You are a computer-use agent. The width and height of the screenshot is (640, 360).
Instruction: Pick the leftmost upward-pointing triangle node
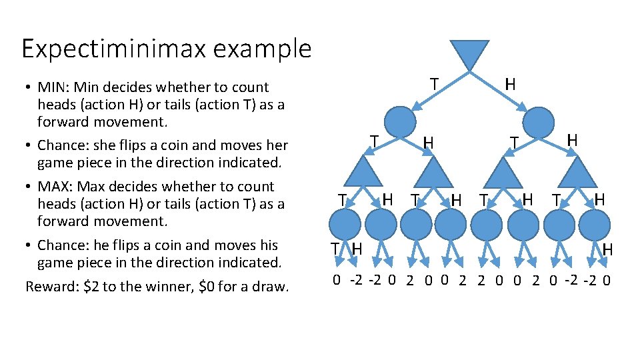tap(365, 172)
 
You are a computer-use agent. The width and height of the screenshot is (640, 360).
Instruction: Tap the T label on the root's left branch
tap(434, 84)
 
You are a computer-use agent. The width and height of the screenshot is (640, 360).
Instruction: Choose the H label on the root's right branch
tap(510, 84)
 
